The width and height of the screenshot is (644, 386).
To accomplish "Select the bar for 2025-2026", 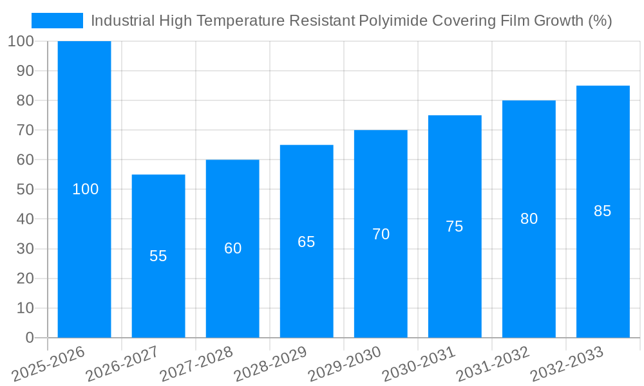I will [84, 129].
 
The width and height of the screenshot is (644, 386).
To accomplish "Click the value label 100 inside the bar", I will [85, 189].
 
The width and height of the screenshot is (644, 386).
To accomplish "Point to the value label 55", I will [158, 256].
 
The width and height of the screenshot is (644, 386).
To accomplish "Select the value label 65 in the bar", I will [307, 242].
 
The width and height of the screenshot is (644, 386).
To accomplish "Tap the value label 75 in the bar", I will [455, 226].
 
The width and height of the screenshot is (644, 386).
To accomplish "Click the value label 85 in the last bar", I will [603, 211].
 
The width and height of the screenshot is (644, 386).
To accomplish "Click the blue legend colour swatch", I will [57, 21].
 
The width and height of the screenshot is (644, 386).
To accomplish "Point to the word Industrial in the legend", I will [122, 21].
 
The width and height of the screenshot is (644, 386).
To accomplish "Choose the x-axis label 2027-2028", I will [196, 363].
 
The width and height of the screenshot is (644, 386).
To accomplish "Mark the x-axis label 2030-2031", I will [419, 363].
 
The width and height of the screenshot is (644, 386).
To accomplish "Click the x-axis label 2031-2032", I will [493, 363].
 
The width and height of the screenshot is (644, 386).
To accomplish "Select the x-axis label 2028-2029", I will [270, 363].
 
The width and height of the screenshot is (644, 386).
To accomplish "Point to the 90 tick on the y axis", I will [24, 71].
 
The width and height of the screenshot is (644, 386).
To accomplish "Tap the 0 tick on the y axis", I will [30, 338].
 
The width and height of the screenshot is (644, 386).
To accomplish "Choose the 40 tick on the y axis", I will [24, 219].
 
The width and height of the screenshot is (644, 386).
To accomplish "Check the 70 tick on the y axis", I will [24, 131].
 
